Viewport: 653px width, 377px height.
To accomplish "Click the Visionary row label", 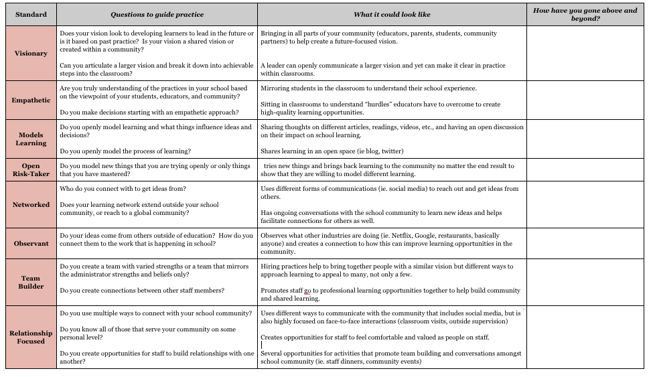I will click(x=31, y=54).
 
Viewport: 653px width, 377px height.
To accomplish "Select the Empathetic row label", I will click(x=31, y=100).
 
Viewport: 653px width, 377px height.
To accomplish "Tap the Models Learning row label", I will click(x=31, y=139).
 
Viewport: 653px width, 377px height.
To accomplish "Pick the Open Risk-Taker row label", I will click(x=31, y=169).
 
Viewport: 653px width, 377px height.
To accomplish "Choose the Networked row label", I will click(x=31, y=205).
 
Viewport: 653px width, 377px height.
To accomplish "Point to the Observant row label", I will click(x=31, y=244).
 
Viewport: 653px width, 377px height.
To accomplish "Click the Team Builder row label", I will click(x=31, y=282).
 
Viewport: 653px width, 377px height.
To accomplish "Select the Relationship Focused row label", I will click(x=31, y=337).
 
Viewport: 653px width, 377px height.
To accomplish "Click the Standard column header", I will click(x=31, y=14).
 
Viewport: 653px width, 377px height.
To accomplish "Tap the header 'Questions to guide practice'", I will click(x=157, y=14).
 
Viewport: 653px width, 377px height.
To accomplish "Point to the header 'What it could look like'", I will click(x=392, y=14).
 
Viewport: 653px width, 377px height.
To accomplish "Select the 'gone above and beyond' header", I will click(x=585, y=14).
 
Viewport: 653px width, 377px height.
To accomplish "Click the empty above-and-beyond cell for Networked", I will click(x=585, y=205).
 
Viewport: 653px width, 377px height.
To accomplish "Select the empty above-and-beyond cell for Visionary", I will click(x=585, y=54).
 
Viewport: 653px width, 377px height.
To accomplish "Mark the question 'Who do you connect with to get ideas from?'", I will click(x=123, y=189).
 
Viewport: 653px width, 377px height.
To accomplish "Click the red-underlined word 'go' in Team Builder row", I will click(x=308, y=291).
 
